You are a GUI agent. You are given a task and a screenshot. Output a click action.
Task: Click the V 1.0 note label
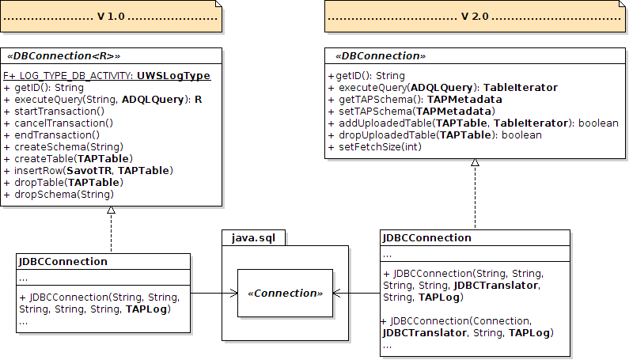(111, 17)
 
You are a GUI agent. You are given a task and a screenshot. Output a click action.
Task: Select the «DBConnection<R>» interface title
(63, 57)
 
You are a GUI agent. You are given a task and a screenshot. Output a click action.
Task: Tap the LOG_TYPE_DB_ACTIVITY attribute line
(107, 76)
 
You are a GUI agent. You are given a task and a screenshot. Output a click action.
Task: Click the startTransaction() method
(54, 112)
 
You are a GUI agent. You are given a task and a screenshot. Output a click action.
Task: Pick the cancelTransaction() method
(58, 123)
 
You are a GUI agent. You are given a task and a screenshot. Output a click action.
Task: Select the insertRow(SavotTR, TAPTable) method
(88, 171)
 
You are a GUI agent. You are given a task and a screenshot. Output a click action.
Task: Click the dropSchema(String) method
(59, 195)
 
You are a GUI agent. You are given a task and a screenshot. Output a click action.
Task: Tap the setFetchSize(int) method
(374, 147)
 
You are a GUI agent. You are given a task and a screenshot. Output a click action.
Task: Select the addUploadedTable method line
(472, 123)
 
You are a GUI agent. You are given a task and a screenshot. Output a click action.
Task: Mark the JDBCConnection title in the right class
(426, 238)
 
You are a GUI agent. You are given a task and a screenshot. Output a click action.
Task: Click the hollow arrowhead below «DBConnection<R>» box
(112, 210)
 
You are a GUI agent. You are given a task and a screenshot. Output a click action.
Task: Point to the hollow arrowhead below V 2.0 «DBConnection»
(475, 163)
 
